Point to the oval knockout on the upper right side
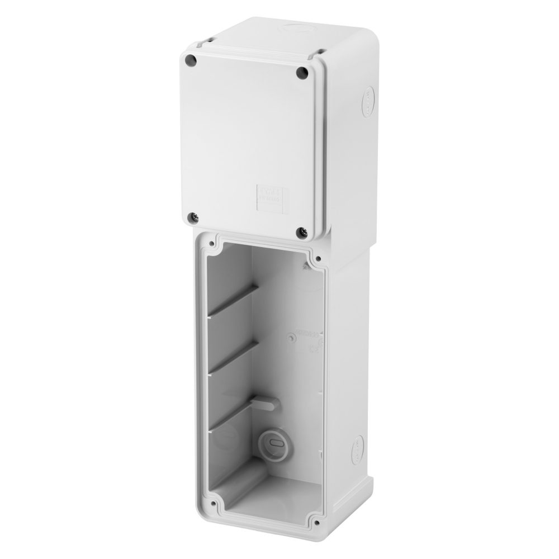(x=368, y=102)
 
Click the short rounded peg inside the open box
(x=263, y=400)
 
